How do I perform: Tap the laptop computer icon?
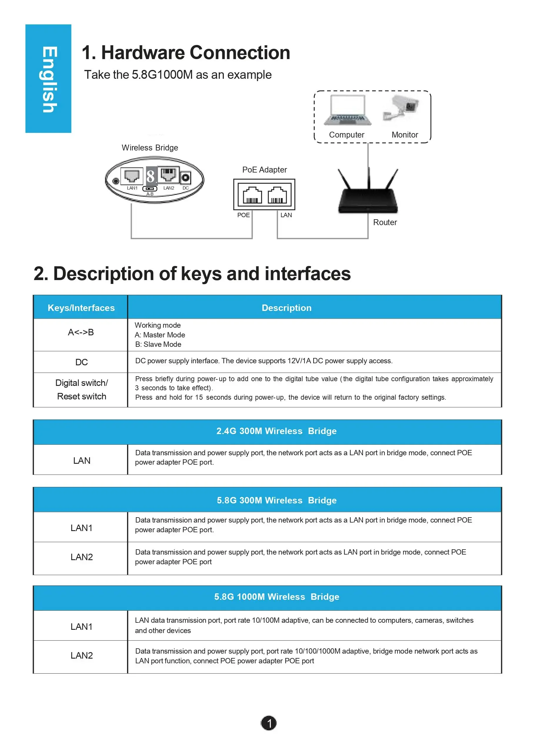point(348,110)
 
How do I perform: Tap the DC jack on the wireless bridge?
point(186,178)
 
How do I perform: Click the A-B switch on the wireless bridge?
point(150,189)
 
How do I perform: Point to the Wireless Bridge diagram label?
point(150,148)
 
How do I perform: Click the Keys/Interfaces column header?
point(81,308)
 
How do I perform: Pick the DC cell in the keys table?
point(81,362)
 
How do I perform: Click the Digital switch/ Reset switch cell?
point(81,390)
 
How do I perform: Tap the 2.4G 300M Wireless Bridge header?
point(276,431)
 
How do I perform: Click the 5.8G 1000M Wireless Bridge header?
point(276,597)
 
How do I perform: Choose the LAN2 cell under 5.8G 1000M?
point(81,656)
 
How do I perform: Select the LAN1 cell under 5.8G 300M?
point(81,528)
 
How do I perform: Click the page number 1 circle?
point(269,723)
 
